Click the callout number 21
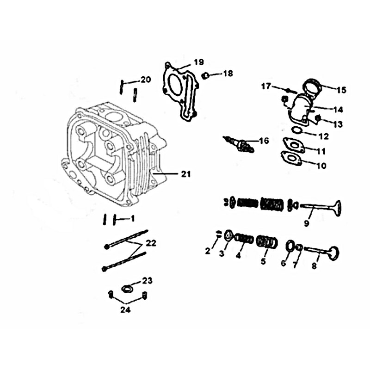point(186,174)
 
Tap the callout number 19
point(199,62)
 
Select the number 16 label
point(264,141)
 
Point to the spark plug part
point(239,144)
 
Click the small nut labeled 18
point(205,76)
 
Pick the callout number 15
point(341,90)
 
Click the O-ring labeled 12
point(296,130)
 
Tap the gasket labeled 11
point(294,144)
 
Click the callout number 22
point(151,243)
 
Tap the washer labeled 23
point(127,289)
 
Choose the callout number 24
point(125,309)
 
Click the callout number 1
point(133,219)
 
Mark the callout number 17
point(266,86)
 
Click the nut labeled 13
point(318,117)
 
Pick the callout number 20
point(146,80)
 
